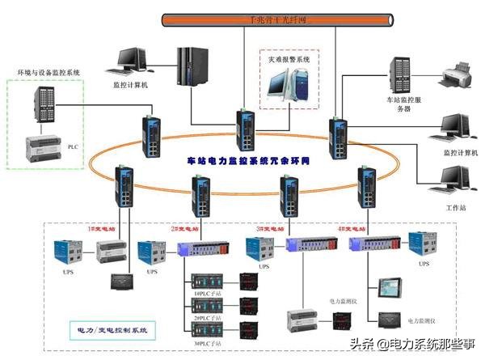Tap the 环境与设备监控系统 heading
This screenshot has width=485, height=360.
pyautogui.click(x=50, y=73)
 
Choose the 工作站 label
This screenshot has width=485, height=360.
pyautogui.click(x=458, y=208)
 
